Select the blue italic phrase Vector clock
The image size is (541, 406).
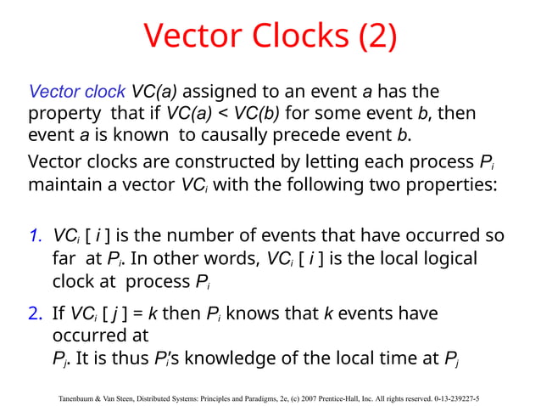coord(77,92)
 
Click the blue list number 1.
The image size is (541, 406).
coord(36,235)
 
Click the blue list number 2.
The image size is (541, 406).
coord(36,314)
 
